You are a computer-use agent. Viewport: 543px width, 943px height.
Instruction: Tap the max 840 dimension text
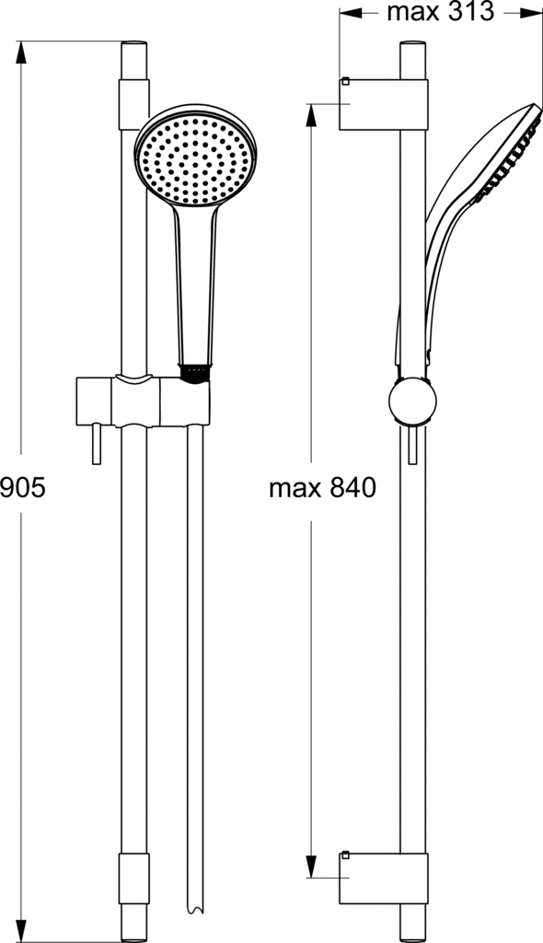click(x=322, y=487)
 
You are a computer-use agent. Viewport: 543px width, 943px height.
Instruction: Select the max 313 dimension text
click(x=440, y=11)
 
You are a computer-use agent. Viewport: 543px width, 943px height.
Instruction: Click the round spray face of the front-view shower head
click(x=195, y=159)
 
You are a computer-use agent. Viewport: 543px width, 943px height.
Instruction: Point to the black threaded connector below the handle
click(x=195, y=373)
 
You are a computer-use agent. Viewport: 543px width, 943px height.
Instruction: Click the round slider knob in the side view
click(x=412, y=402)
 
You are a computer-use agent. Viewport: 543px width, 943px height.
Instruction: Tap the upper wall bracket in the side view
click(x=384, y=104)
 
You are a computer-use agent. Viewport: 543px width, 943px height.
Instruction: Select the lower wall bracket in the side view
click(x=384, y=878)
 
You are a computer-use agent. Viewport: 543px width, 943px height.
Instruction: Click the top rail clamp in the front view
click(x=133, y=104)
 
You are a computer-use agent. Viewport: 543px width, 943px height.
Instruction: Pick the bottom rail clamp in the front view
click(x=133, y=878)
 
